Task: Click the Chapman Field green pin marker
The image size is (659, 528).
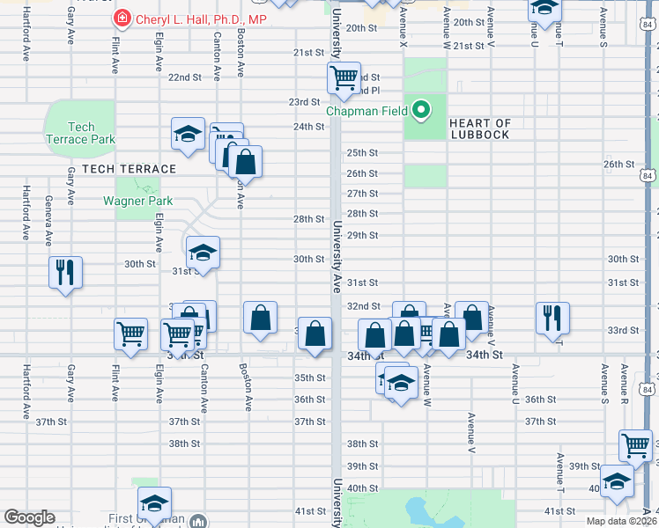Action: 422,111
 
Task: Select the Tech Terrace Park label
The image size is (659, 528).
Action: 80,133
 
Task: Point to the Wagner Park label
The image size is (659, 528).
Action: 137,201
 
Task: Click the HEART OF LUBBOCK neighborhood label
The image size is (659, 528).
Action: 479,128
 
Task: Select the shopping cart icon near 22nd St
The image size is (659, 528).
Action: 344,77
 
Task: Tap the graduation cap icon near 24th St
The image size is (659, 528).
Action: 188,133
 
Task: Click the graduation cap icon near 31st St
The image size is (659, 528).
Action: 203,253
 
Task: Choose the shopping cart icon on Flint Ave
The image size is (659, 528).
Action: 130,334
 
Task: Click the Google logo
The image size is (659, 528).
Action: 29,517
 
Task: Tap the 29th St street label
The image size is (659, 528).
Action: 362,236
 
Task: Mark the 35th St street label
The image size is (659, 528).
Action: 309,378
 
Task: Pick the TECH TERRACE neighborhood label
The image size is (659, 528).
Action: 130,168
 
